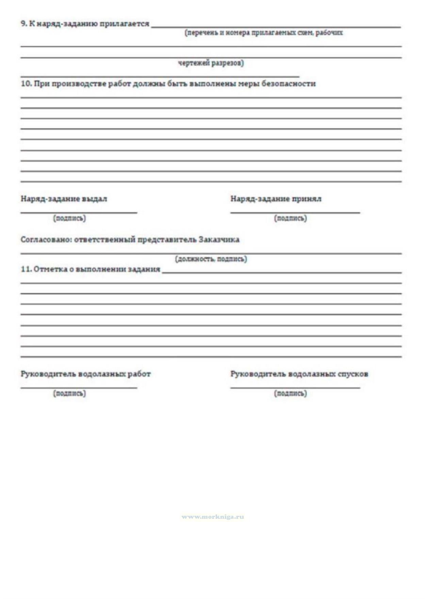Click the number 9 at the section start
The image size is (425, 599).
point(23,24)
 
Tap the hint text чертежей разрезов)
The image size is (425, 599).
point(211,63)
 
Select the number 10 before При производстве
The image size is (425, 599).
point(26,84)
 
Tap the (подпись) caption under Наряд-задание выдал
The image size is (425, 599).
point(69,218)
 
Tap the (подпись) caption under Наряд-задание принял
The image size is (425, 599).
point(290,218)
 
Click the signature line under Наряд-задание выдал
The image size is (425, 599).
point(79,213)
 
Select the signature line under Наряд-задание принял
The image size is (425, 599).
point(295,213)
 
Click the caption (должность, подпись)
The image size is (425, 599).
point(211,259)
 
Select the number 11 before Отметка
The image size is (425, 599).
point(26,269)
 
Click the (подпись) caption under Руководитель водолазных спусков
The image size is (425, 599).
point(290,393)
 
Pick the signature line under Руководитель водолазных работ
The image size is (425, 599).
point(79,387)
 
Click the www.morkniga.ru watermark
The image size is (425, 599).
point(213,517)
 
